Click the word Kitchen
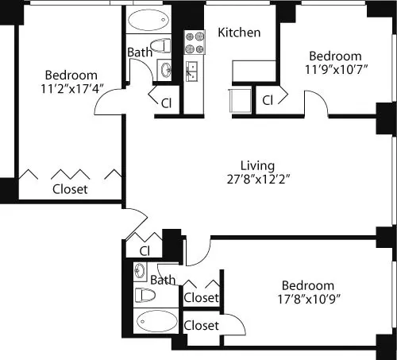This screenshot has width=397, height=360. point(240,33)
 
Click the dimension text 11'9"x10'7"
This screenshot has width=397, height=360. point(335,71)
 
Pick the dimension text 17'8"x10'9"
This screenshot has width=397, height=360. point(306,300)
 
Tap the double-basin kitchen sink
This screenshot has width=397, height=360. point(192,72)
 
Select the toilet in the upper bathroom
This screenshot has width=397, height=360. point(161,45)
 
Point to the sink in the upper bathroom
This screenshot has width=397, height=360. point(166,71)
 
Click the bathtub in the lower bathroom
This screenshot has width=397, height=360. point(156,322)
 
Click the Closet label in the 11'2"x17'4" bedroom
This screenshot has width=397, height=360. point(70,190)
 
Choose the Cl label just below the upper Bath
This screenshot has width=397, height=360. point(167,103)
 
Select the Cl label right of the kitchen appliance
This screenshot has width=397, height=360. point(268,100)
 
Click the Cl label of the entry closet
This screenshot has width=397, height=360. point(145,251)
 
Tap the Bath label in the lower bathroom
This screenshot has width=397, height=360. point(163,280)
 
